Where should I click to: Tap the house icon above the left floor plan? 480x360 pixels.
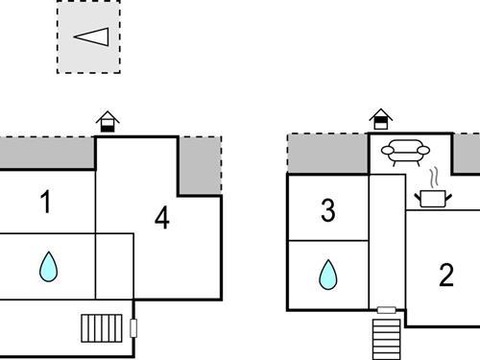tap(108, 121)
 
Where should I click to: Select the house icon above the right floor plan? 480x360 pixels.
tap(381, 119)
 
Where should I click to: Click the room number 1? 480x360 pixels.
tap(45, 203)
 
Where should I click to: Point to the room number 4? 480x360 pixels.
tap(161, 219)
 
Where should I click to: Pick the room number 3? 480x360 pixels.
tap(327, 211)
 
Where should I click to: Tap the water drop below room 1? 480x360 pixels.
tap(48, 266)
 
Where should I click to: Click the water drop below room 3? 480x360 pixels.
tap(328, 276)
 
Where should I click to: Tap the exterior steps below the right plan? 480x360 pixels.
tap(386, 337)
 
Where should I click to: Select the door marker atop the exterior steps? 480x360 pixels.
tap(386, 310)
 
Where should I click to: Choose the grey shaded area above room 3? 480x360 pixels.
tap(327, 154)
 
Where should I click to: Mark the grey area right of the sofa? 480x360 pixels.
tap(468, 154)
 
